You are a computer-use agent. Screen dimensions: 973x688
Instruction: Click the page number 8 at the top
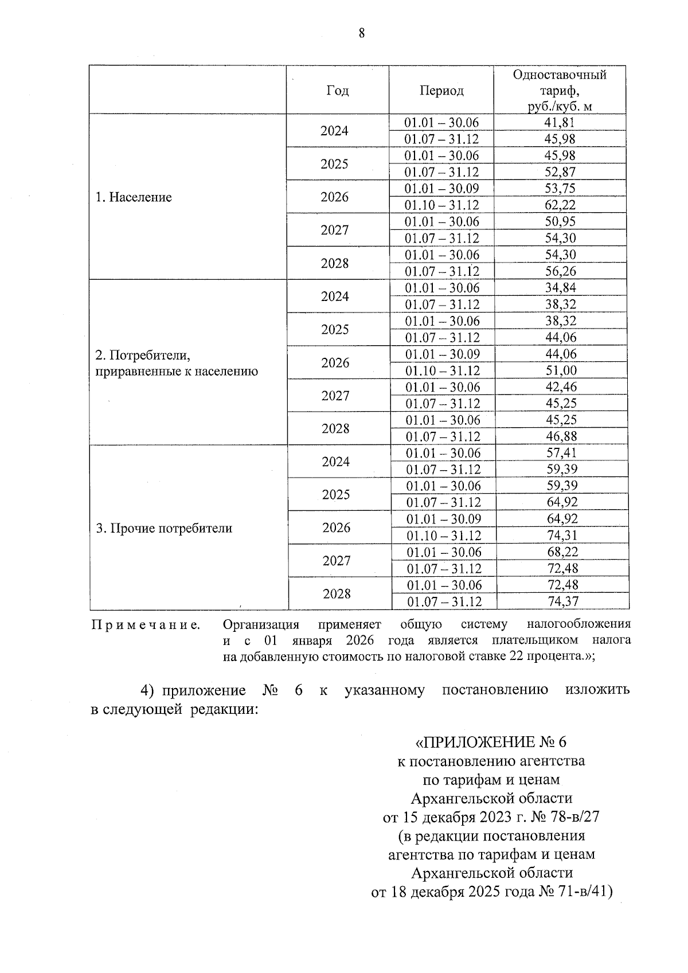tap(361, 33)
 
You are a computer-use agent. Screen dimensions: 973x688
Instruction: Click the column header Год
tap(337, 91)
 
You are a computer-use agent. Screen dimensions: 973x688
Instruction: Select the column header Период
tap(441, 91)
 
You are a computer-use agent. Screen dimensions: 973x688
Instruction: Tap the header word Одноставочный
tap(560, 75)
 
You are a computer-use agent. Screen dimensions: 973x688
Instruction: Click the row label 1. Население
tap(134, 197)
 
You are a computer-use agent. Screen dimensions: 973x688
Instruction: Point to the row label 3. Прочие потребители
tap(164, 529)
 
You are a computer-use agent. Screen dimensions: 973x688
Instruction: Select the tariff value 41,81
tap(560, 122)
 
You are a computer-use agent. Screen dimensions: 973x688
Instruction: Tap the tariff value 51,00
tap(561, 370)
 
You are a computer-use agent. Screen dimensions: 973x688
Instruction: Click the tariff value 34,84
tap(561, 288)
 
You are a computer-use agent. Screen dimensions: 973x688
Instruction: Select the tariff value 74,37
tap(562, 601)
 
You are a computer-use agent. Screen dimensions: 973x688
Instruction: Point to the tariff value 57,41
tap(562, 453)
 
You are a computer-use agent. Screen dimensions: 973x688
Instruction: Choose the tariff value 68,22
tap(562, 552)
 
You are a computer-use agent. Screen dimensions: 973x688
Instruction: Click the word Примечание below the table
tap(146, 624)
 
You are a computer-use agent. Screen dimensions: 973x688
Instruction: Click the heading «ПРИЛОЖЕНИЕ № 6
tap(490, 742)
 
